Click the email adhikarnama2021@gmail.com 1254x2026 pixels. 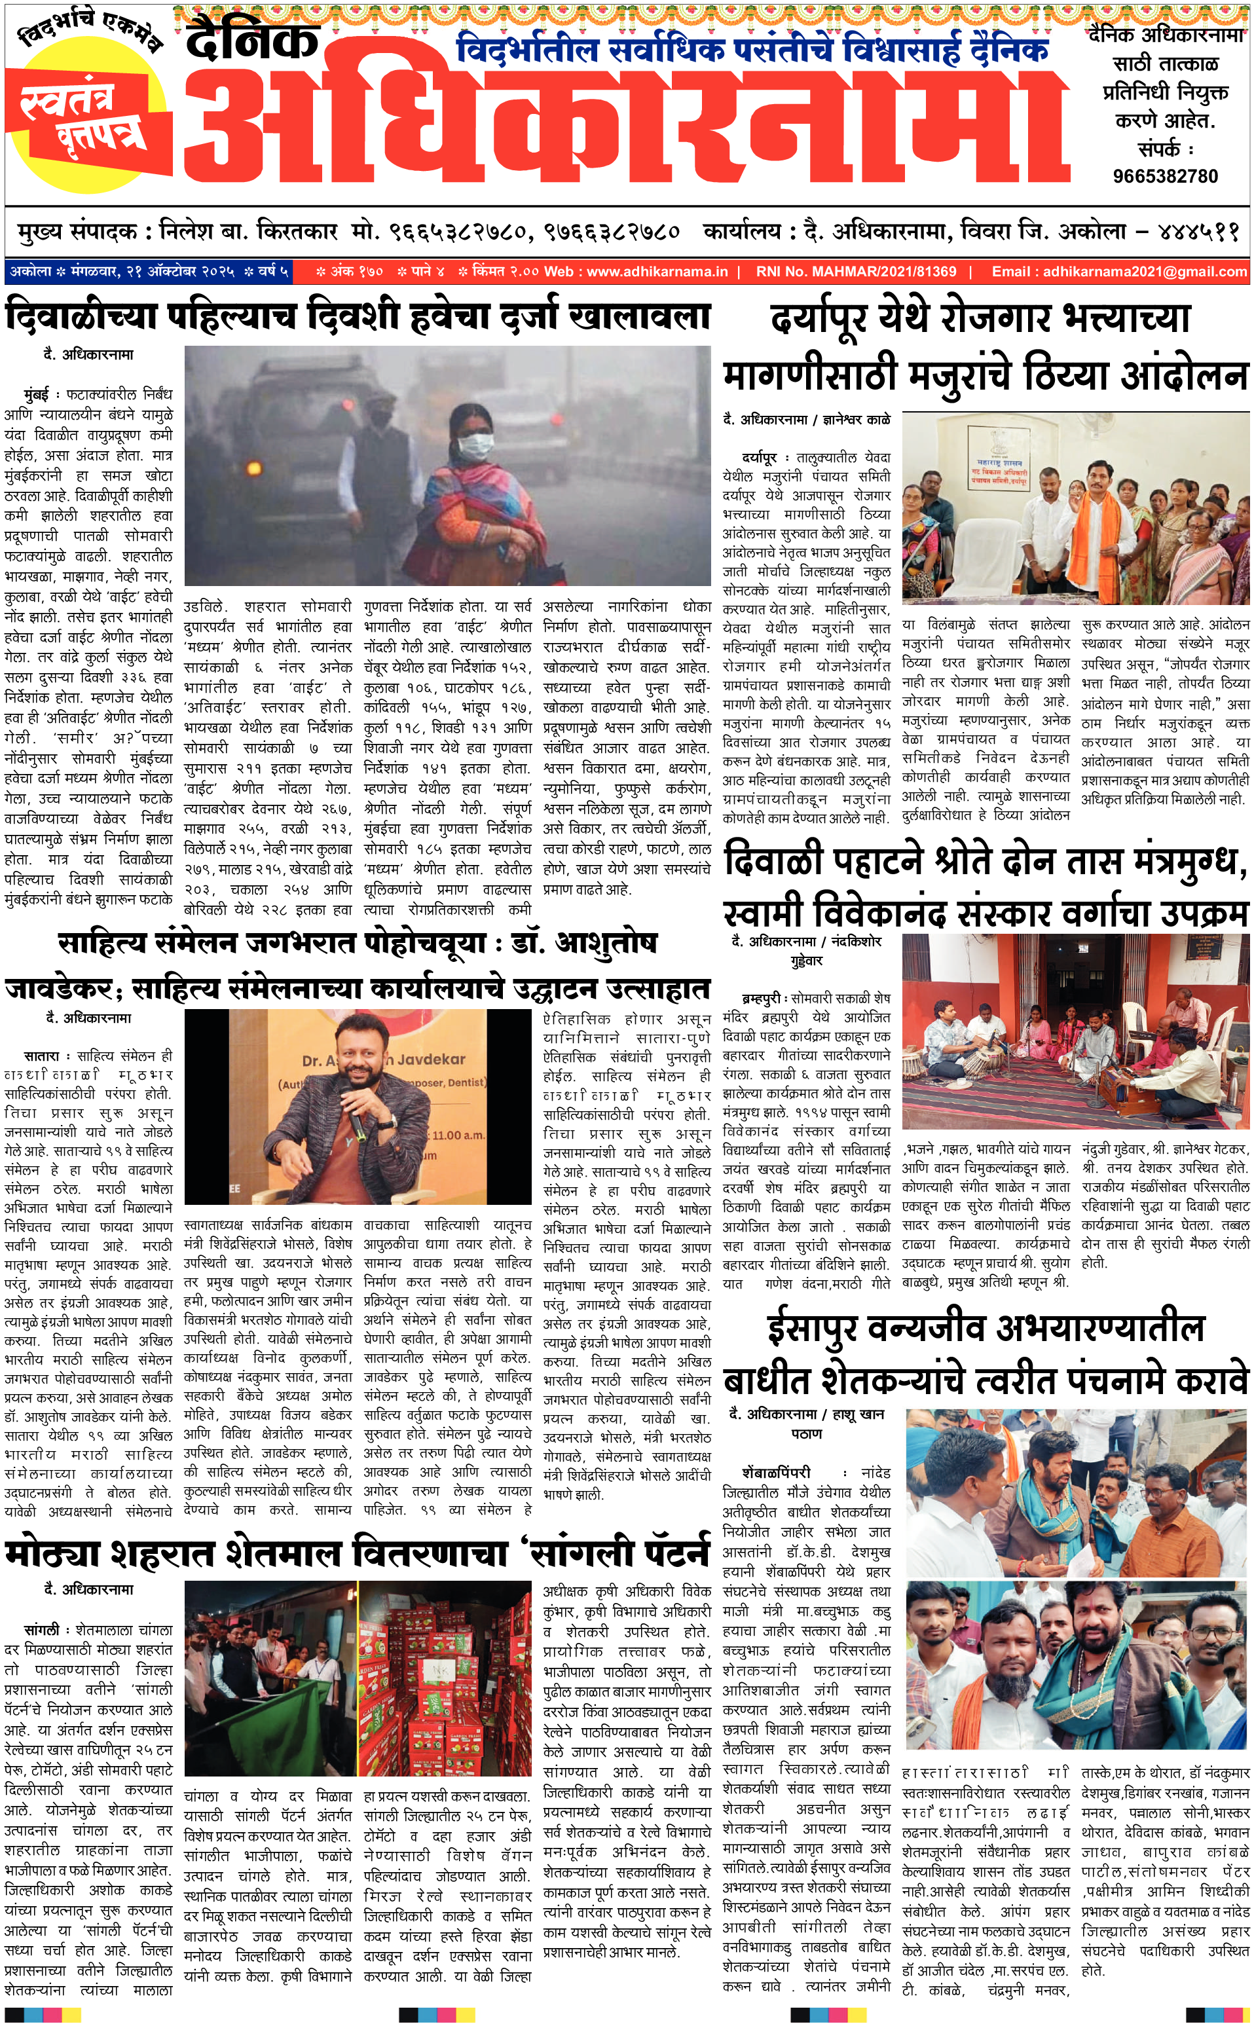point(1145,271)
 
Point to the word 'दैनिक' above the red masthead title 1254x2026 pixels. point(253,40)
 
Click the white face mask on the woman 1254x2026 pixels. point(476,447)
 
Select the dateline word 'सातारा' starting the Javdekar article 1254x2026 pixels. point(41,1056)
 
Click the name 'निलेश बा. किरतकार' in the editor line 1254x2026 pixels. point(249,231)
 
